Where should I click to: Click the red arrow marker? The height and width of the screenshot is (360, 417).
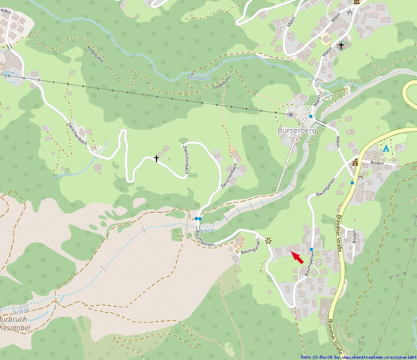(297, 257)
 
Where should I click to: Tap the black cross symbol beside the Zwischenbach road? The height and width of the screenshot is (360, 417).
(157, 158)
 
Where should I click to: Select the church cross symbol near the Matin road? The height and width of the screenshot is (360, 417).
(340, 46)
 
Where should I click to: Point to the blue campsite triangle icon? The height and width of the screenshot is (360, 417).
(387, 150)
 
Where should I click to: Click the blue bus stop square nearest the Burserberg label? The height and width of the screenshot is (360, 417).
(310, 117)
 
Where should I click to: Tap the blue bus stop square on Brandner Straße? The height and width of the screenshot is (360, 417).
(352, 182)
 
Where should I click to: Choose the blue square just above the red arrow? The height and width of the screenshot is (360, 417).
(311, 249)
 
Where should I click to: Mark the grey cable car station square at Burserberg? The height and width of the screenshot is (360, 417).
(291, 114)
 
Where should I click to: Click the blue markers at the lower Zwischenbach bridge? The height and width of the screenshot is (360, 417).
(197, 218)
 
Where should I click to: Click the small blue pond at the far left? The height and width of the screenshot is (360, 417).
(8, 75)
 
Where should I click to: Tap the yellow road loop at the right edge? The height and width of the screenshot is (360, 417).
(410, 94)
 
